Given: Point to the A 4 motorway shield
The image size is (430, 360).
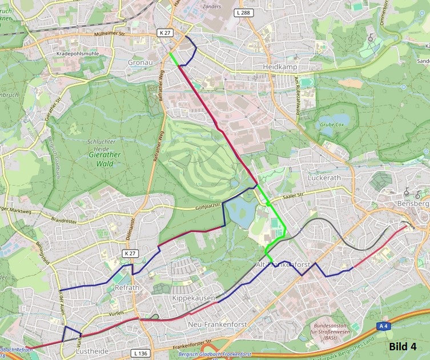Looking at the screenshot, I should tap(384, 325).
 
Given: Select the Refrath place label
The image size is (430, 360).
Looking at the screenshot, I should tap(127, 288).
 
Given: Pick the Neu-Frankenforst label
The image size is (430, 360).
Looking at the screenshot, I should tap(215, 325).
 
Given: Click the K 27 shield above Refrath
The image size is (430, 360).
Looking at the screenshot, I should tap(130, 253).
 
